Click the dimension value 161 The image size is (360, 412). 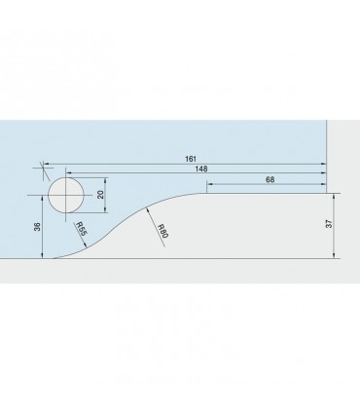[191, 159]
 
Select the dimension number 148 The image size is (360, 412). [201, 169]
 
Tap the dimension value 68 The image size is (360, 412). [270, 179]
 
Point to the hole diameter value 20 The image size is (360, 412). [100, 195]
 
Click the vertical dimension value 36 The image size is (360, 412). [38, 227]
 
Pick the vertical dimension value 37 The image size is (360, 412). [329, 224]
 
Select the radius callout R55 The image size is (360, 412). [82, 229]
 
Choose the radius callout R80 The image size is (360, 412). [162, 231]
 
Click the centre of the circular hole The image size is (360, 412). [66, 195]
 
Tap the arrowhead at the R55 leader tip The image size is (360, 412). [86, 245]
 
